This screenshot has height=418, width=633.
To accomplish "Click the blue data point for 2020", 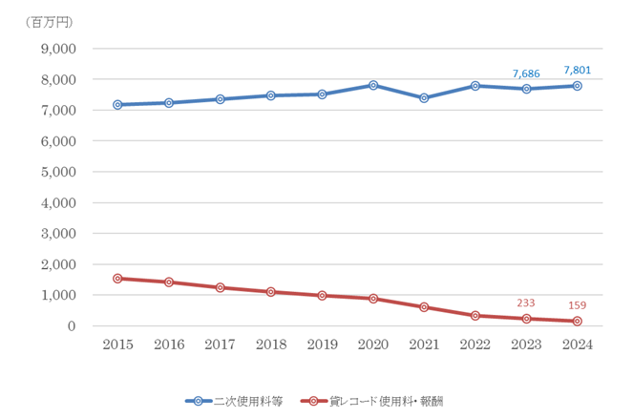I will pos(373,85).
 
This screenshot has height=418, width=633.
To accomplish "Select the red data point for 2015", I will pos(117,279).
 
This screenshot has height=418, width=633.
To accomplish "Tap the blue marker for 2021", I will pos(424,97).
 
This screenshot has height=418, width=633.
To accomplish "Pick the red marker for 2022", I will pos(475,315).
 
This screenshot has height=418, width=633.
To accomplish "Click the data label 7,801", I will pos(578,70).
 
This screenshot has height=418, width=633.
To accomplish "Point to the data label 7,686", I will pos(526,73).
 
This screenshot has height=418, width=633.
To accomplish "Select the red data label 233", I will pos(526,303).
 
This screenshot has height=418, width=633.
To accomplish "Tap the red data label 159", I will pos(578,305).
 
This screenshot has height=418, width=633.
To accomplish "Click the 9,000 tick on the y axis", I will pos(57,49).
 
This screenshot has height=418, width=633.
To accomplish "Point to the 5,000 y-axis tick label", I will pos(57,172).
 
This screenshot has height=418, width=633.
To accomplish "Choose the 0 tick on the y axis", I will pos(71,326).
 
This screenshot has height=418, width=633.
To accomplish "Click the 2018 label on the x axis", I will pos(271,345).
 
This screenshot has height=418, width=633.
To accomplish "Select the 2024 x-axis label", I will pos(578,345).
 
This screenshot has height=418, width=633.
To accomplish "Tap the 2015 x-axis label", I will pos(117,345).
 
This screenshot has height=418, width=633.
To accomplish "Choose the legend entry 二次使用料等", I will pos(238,402).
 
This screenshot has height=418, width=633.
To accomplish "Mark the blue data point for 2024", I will pos(578,86).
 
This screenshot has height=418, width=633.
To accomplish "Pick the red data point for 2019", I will pos(322,296).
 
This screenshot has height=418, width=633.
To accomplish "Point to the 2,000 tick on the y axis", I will pos(57,264).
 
